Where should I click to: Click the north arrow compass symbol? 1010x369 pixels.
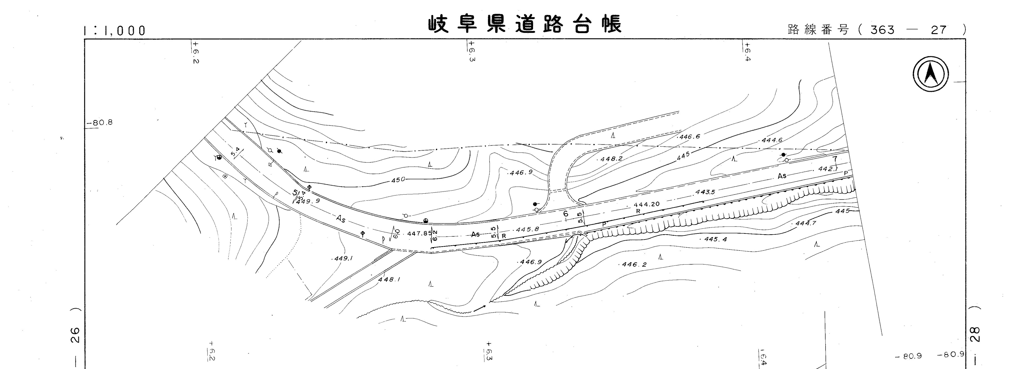(930, 74)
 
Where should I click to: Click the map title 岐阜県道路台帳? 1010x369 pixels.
(525, 24)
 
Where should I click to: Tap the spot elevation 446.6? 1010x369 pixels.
(690, 137)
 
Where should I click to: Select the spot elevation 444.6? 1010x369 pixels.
(772, 140)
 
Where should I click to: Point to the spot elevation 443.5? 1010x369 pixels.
(705, 192)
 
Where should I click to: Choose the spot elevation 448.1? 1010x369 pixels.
(389, 280)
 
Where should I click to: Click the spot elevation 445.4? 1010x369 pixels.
(715, 239)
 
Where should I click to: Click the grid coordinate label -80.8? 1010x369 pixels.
(100, 123)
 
